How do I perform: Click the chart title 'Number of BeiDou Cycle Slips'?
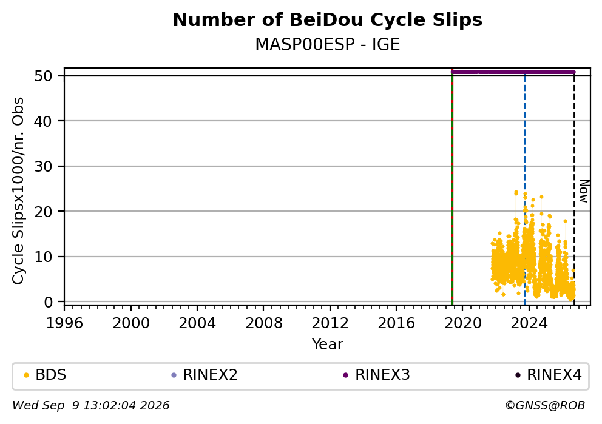pos(328,20)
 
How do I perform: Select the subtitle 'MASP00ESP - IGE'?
pos(328,44)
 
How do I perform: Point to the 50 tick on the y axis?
pos(43,76)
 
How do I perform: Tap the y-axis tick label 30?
pos(43,166)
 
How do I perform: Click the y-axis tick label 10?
pos(43,257)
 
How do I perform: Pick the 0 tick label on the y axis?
pos(48,302)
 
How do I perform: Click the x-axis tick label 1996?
pos(64,323)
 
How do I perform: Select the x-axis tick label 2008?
pos(264,323)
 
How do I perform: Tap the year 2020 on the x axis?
pos(462,323)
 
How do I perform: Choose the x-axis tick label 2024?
pos(529,323)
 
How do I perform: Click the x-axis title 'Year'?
pos(328,344)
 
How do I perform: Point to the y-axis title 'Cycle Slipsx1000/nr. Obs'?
pos(18,190)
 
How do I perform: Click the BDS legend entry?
pos(45,375)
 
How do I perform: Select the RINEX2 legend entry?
pos(205,375)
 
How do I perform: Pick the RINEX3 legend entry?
pos(377,375)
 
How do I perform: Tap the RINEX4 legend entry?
pos(549,375)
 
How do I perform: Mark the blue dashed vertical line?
pos(524,189)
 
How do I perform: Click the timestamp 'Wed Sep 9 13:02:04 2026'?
pos(91,406)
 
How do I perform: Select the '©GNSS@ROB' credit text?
pos(545,406)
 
